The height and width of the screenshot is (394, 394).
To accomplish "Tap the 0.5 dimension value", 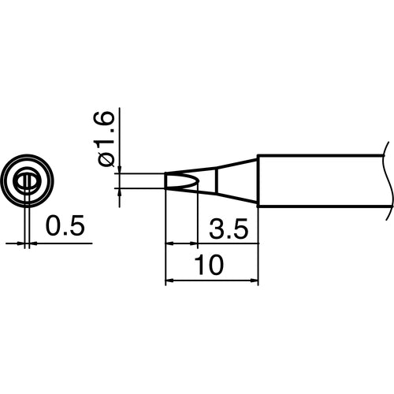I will [x=65, y=227].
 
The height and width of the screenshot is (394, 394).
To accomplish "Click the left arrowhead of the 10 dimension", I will [x=169, y=281].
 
